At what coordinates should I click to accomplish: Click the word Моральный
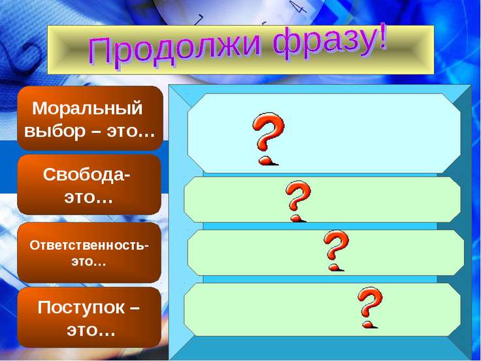88,109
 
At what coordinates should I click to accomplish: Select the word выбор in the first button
54,132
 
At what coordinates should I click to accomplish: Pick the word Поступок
81,308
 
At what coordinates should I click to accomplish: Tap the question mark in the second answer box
298,201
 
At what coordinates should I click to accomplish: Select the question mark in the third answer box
336,250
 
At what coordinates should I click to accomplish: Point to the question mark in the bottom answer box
370,307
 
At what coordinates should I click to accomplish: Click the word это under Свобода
88,198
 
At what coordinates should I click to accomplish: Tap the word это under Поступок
91,331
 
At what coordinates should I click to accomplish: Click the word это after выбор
131,132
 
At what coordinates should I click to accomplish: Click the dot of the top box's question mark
266,161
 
